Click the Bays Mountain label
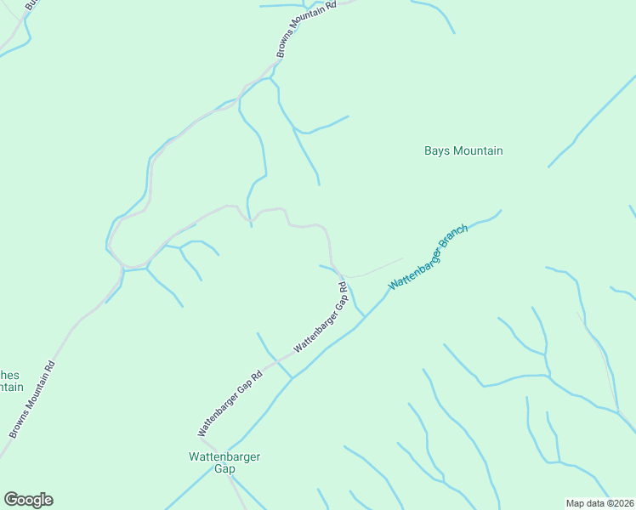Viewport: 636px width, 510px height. pyautogui.click(x=463, y=151)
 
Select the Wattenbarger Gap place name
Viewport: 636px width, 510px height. pyautogui.click(x=224, y=462)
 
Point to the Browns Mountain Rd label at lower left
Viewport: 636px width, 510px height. pyautogui.click(x=32, y=399)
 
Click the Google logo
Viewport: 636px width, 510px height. pyautogui.click(x=28, y=500)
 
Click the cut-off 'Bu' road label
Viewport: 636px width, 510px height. pyautogui.click(x=31, y=5)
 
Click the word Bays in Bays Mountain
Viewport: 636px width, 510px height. pyautogui.click(x=437, y=151)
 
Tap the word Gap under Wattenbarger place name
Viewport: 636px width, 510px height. pyautogui.click(x=224, y=469)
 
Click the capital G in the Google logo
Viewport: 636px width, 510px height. pyautogui.click(x=11, y=500)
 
